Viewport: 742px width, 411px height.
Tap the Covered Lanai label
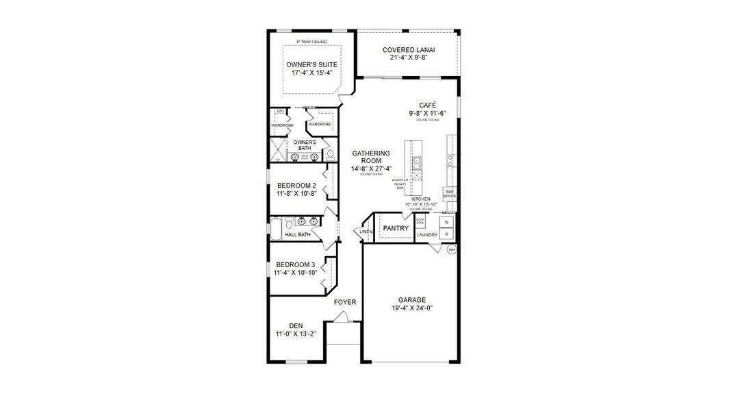tap(409, 53)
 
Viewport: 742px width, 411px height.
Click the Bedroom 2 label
tap(296, 190)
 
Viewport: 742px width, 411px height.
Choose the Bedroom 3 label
tap(296, 269)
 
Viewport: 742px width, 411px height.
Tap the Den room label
tap(296, 330)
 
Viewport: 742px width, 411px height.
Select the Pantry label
tap(396, 228)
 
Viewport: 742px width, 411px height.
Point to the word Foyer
tap(345, 302)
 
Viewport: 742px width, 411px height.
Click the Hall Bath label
tap(298, 234)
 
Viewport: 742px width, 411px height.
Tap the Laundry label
tap(427, 235)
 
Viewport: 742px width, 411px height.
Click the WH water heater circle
tap(452, 250)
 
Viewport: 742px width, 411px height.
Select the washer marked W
tap(446, 223)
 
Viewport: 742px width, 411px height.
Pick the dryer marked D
tap(446, 234)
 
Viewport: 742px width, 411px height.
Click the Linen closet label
tap(366, 232)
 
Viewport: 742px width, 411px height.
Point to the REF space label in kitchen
tap(450, 194)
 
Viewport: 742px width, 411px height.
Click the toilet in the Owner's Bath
tap(330, 156)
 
